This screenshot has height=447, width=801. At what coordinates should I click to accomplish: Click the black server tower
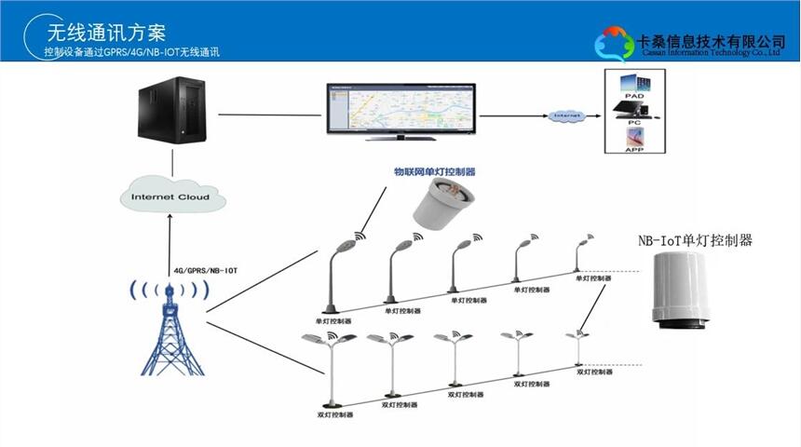[171, 113]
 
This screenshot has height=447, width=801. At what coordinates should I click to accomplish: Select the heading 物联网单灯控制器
[435, 171]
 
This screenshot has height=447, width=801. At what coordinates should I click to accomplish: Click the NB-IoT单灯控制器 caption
[696, 240]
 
